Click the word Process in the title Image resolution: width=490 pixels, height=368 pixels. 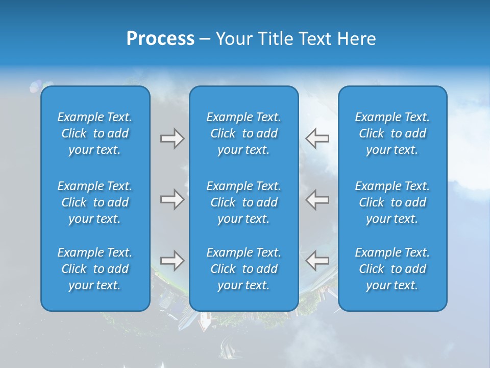[x=160, y=39]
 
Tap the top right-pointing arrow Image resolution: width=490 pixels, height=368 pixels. [x=172, y=139]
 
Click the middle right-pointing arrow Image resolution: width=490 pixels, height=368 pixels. [x=172, y=199]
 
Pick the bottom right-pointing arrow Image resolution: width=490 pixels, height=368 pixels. [x=172, y=261]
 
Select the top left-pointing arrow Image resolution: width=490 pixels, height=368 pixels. [x=317, y=139]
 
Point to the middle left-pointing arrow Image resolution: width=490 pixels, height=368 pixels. [x=317, y=199]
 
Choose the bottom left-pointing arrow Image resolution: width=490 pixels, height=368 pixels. [x=317, y=261]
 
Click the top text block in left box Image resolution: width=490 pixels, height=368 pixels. [x=95, y=133]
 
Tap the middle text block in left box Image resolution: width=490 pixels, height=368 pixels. [x=95, y=202]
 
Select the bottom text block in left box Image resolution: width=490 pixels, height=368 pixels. [x=95, y=269]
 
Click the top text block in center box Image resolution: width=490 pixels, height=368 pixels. [x=243, y=133]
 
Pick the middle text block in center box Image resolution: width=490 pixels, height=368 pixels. [x=243, y=202]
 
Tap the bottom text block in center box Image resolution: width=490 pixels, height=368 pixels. [x=243, y=269]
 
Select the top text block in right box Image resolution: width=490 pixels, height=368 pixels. [x=392, y=133]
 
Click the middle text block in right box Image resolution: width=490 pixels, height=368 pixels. [x=392, y=202]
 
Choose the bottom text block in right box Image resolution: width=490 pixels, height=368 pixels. [x=392, y=269]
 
